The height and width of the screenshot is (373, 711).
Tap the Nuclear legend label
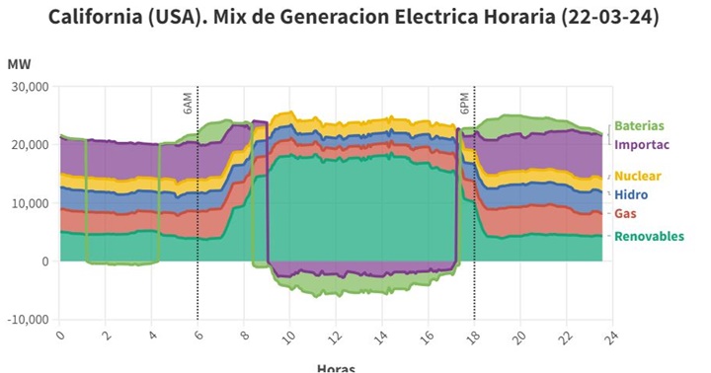coord(639,176)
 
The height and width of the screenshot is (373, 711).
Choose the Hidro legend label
coord(630,195)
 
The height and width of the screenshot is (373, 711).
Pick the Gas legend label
coord(625,214)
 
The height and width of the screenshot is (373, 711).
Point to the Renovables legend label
coord(649,236)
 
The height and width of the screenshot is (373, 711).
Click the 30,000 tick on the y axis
coord(29,87)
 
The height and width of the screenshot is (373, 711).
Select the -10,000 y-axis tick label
coord(27,321)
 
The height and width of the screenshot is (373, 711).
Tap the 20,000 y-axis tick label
coord(29,145)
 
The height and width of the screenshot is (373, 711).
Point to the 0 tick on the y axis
coord(44,261)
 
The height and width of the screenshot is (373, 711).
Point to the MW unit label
coord(19,64)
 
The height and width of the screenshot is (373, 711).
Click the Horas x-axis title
coord(336,367)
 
